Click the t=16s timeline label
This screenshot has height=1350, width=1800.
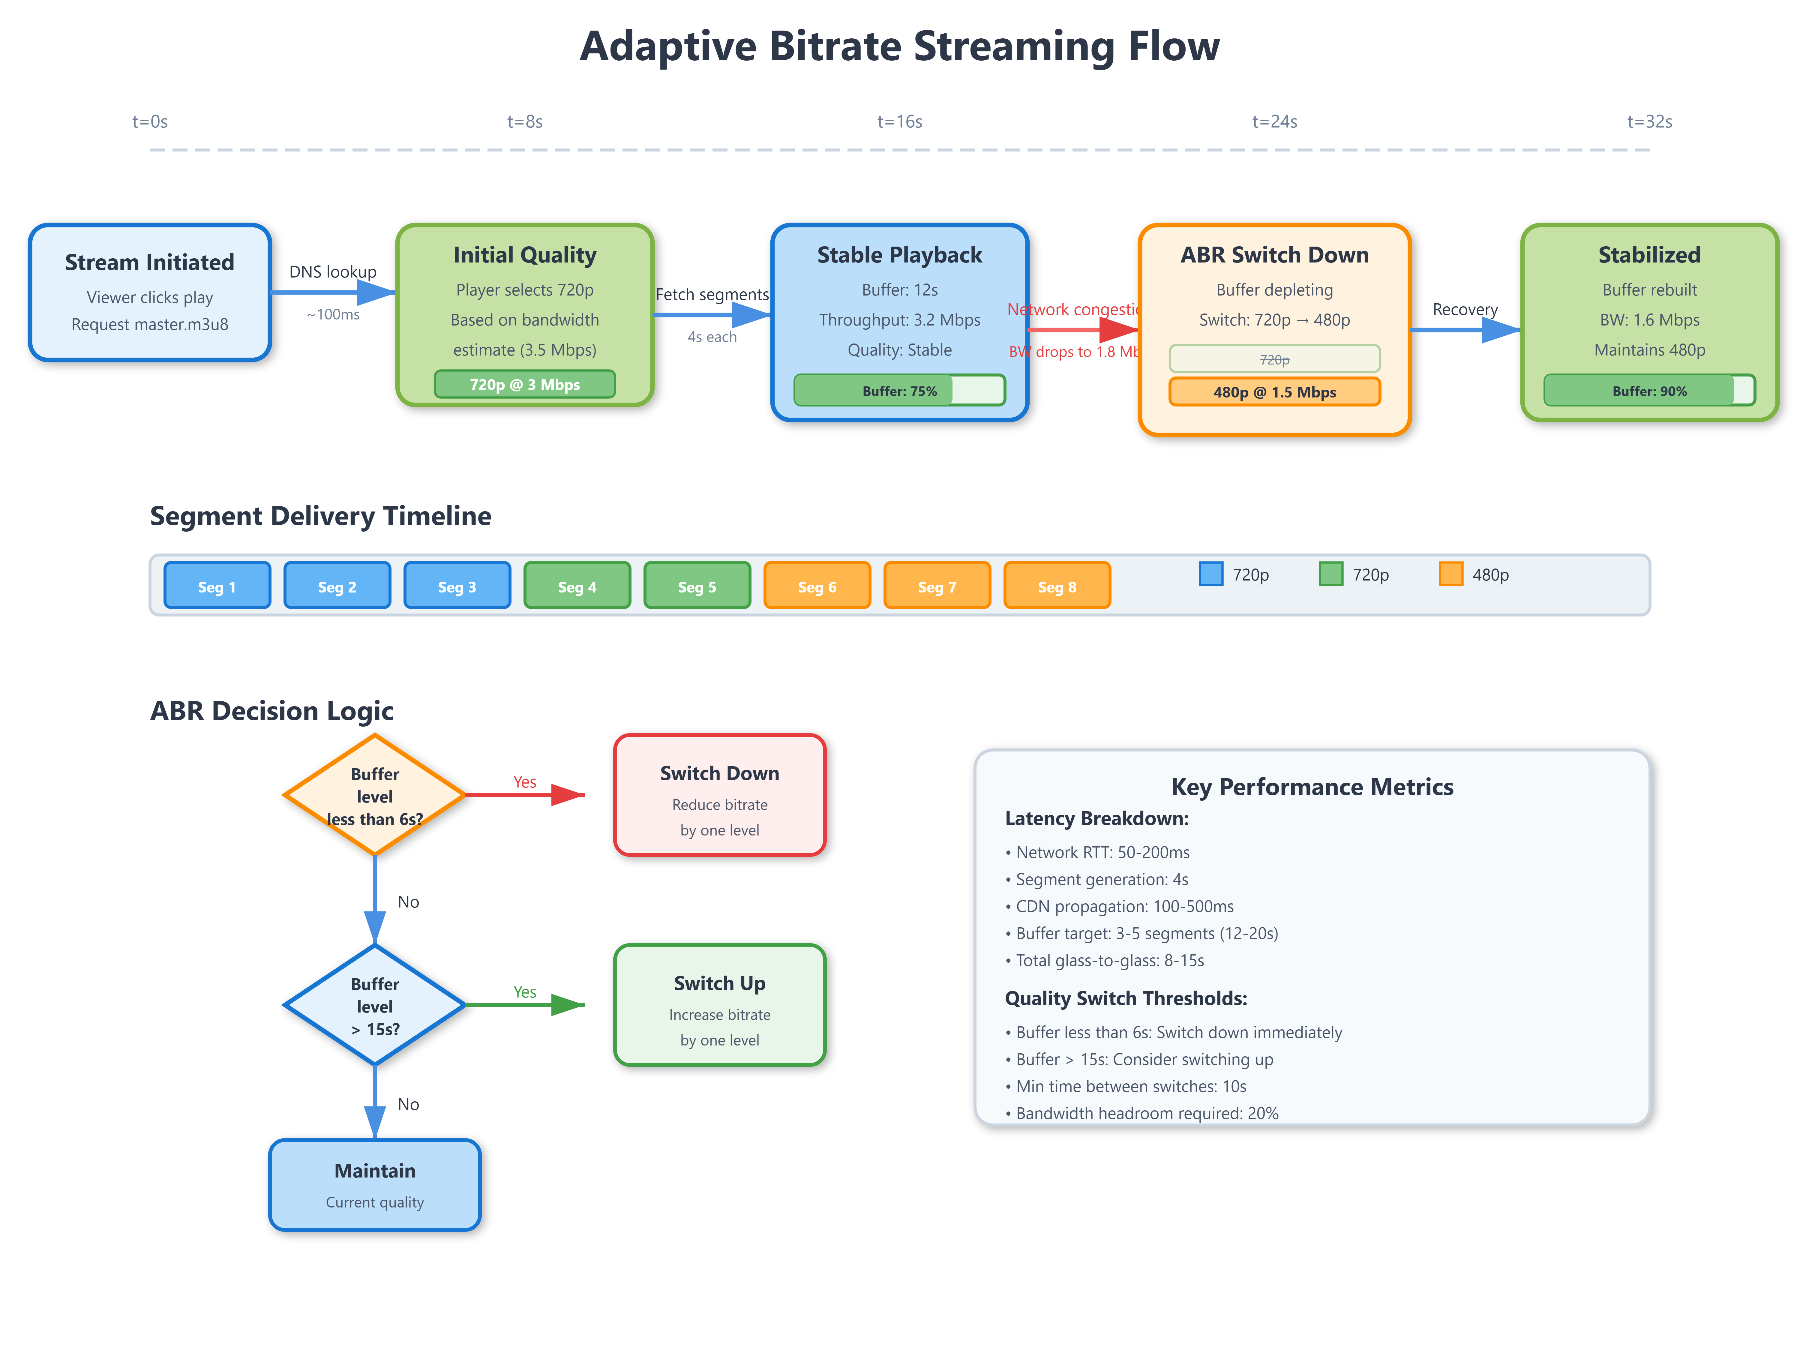(x=899, y=122)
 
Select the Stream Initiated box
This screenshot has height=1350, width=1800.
(x=150, y=292)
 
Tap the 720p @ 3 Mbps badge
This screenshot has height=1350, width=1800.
(x=525, y=384)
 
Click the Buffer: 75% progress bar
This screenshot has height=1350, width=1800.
(x=899, y=391)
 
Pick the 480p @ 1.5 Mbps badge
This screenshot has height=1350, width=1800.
(x=1274, y=391)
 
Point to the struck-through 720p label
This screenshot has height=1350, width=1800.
(x=1274, y=359)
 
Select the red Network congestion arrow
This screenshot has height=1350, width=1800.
(x=1082, y=330)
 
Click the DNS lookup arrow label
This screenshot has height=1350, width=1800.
(x=333, y=272)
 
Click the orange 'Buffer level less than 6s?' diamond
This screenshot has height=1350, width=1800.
(x=374, y=795)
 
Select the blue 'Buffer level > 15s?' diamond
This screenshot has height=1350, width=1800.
(x=374, y=1005)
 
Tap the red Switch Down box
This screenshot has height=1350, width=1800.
(x=719, y=795)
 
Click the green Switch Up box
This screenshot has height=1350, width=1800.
(x=719, y=1005)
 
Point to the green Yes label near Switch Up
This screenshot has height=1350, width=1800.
(x=525, y=992)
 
